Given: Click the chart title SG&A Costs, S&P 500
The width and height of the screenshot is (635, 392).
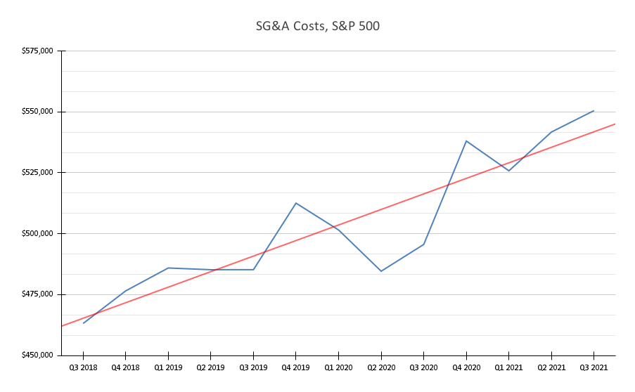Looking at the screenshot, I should (x=316, y=27).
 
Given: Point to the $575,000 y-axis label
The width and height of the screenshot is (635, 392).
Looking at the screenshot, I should (x=39, y=51).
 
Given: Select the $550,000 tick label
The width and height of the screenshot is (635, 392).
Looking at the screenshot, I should (x=39, y=112).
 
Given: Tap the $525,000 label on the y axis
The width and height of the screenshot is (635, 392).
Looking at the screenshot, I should (x=39, y=173).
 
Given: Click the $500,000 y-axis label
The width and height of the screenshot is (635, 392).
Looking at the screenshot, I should (x=39, y=233).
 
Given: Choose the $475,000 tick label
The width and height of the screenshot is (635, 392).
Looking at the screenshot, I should (x=39, y=294).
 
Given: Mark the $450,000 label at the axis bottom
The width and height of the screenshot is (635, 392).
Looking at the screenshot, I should (x=39, y=355).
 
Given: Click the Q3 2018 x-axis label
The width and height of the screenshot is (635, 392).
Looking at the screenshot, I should (x=83, y=367).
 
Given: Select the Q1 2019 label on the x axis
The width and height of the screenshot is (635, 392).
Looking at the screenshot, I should (x=168, y=367).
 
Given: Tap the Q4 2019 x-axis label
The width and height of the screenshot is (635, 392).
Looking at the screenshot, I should (x=295, y=367).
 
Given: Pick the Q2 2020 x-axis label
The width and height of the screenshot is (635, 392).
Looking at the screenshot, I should (x=380, y=367).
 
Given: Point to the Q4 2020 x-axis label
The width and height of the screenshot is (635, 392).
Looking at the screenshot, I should (x=466, y=367).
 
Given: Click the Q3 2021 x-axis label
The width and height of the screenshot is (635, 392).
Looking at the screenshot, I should (x=594, y=367).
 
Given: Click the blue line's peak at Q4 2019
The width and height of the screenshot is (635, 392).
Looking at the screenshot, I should (x=295, y=203).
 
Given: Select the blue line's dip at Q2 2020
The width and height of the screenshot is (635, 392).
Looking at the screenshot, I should (x=381, y=271).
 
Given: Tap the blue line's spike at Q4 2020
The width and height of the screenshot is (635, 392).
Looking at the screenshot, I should (x=466, y=141).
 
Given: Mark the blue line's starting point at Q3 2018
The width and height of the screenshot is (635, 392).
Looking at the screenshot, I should (x=84, y=323).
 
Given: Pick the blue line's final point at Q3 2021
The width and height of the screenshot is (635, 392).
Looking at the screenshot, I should (x=594, y=110).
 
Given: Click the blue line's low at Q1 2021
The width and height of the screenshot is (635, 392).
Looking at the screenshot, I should (x=509, y=171).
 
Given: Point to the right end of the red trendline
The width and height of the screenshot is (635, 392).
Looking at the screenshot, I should (x=615, y=124).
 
